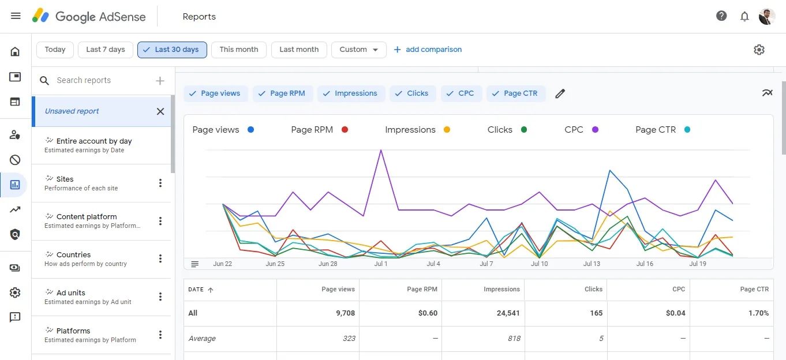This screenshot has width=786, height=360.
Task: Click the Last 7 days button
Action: pyautogui.click(x=106, y=50)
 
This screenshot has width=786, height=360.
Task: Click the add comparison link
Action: pyautogui.click(x=428, y=50)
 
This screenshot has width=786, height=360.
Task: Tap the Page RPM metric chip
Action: pyautogui.click(x=282, y=93)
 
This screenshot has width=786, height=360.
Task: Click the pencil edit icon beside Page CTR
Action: pyautogui.click(x=560, y=93)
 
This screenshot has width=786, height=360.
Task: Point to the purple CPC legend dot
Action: pyautogui.click(x=595, y=130)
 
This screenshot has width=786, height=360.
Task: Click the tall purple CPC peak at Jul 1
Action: pyautogui.click(x=381, y=151)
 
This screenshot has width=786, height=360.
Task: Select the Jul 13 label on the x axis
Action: pyautogui.click(x=592, y=264)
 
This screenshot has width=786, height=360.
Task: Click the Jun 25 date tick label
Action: pyautogui.click(x=275, y=264)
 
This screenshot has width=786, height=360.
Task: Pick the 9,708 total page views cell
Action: pyautogui.click(x=345, y=313)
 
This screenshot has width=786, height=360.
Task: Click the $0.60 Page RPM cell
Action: pyautogui.click(x=428, y=313)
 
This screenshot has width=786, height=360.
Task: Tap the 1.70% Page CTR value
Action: pyautogui.click(x=758, y=313)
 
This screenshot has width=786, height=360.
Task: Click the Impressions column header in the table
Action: pyautogui.click(x=501, y=289)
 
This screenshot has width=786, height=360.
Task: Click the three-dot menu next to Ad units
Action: pyautogui.click(x=160, y=297)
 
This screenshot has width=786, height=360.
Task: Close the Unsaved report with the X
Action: pyautogui.click(x=160, y=111)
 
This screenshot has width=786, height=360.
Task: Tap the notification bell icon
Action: pyautogui.click(x=744, y=16)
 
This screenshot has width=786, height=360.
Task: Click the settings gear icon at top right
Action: pyautogui.click(x=759, y=50)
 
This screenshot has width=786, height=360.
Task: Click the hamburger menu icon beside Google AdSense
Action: pyautogui.click(x=16, y=16)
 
